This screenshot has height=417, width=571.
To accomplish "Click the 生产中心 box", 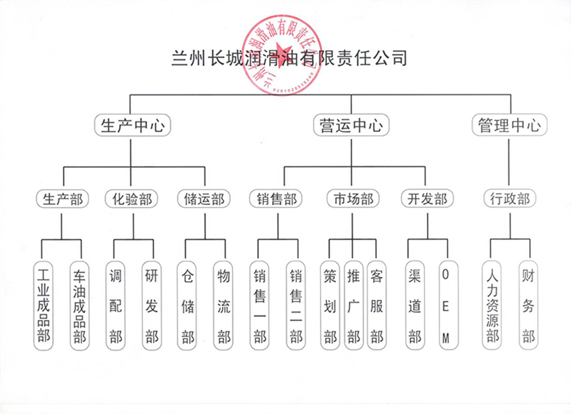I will click(x=133, y=126).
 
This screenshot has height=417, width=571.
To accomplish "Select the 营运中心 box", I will click(x=350, y=126).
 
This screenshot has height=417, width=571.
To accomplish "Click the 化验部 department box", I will click(x=133, y=199).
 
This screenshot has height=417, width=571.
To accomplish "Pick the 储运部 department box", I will click(x=205, y=199).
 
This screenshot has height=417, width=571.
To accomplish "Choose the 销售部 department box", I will click(x=278, y=199).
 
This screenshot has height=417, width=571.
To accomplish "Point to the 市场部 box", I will click(x=353, y=199).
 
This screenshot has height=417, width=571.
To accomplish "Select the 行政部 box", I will click(x=509, y=199).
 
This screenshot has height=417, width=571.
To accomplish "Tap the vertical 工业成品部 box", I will click(x=43, y=305).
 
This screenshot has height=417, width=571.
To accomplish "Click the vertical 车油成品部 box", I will click(x=79, y=305).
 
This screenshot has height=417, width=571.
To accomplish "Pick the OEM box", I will click(x=447, y=305).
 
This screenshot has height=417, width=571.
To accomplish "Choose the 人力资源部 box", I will click(x=492, y=305).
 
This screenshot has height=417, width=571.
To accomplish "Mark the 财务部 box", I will click(x=528, y=305).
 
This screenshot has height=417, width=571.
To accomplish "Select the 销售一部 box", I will click(x=260, y=305).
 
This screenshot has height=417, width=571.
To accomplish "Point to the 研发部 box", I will click(x=152, y=305).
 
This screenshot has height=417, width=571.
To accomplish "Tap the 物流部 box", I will click(x=223, y=305).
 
